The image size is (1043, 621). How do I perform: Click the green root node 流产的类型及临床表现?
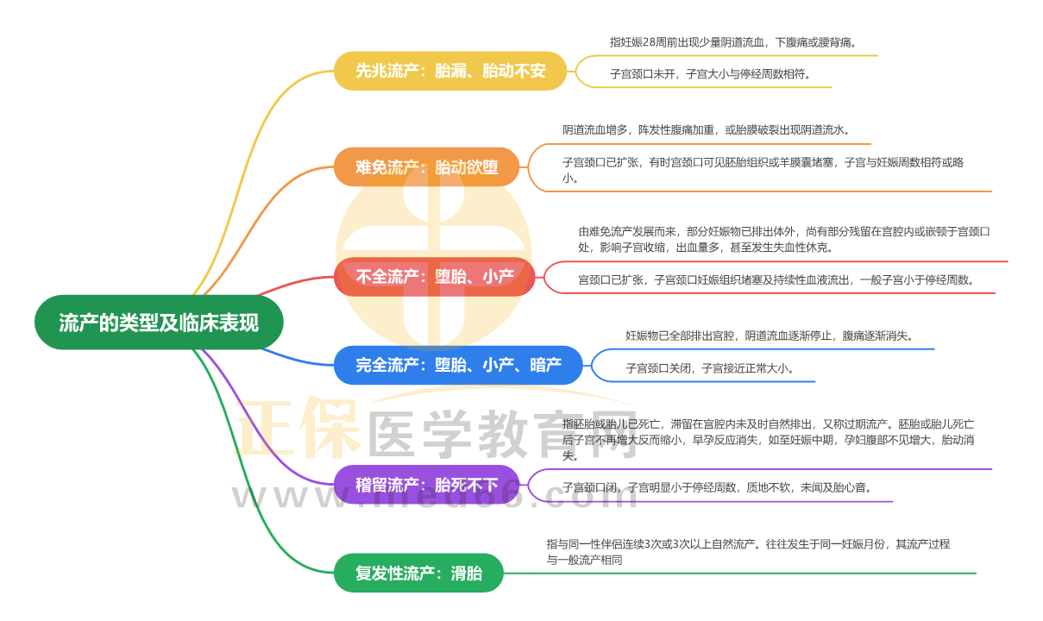(x=159, y=323)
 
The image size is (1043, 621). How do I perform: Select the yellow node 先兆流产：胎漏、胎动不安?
(x=450, y=71)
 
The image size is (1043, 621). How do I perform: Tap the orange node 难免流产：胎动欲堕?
(x=426, y=166)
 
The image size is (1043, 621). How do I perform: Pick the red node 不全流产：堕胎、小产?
(x=434, y=277)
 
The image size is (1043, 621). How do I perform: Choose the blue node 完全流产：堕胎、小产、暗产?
(x=457, y=365)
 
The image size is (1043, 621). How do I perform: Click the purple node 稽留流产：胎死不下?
(x=426, y=485)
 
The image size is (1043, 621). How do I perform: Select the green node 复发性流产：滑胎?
(x=418, y=573)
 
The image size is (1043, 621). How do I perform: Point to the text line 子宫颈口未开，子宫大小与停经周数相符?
(x=710, y=74)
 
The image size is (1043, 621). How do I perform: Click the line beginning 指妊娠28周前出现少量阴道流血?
(x=733, y=41)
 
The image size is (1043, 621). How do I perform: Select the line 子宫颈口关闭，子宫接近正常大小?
(x=709, y=368)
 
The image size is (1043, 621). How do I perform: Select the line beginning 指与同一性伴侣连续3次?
(x=747, y=544)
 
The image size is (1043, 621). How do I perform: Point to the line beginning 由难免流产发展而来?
(x=784, y=231)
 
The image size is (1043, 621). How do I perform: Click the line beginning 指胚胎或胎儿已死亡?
(x=768, y=424)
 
